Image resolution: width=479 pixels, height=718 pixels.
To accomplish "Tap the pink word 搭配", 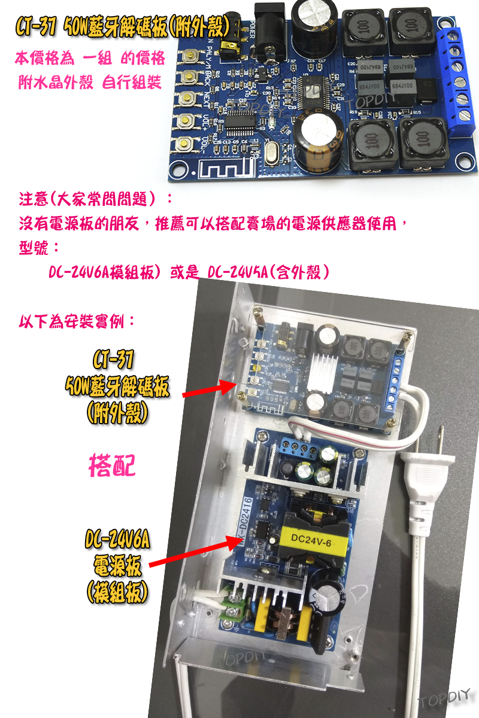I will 111,465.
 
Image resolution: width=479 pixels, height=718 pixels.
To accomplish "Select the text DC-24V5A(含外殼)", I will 268,272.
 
